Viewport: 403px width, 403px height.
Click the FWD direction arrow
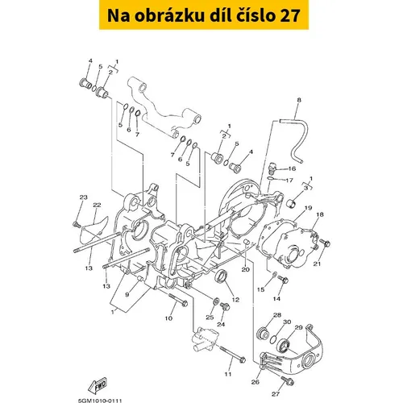point(98,385)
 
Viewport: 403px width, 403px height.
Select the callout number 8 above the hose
point(299,100)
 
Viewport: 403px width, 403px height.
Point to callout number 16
point(292,168)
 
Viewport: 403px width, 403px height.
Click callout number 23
point(84,197)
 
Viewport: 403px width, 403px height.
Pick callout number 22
point(97,205)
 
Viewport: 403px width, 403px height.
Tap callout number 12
point(235,300)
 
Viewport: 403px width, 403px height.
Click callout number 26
point(256,381)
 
